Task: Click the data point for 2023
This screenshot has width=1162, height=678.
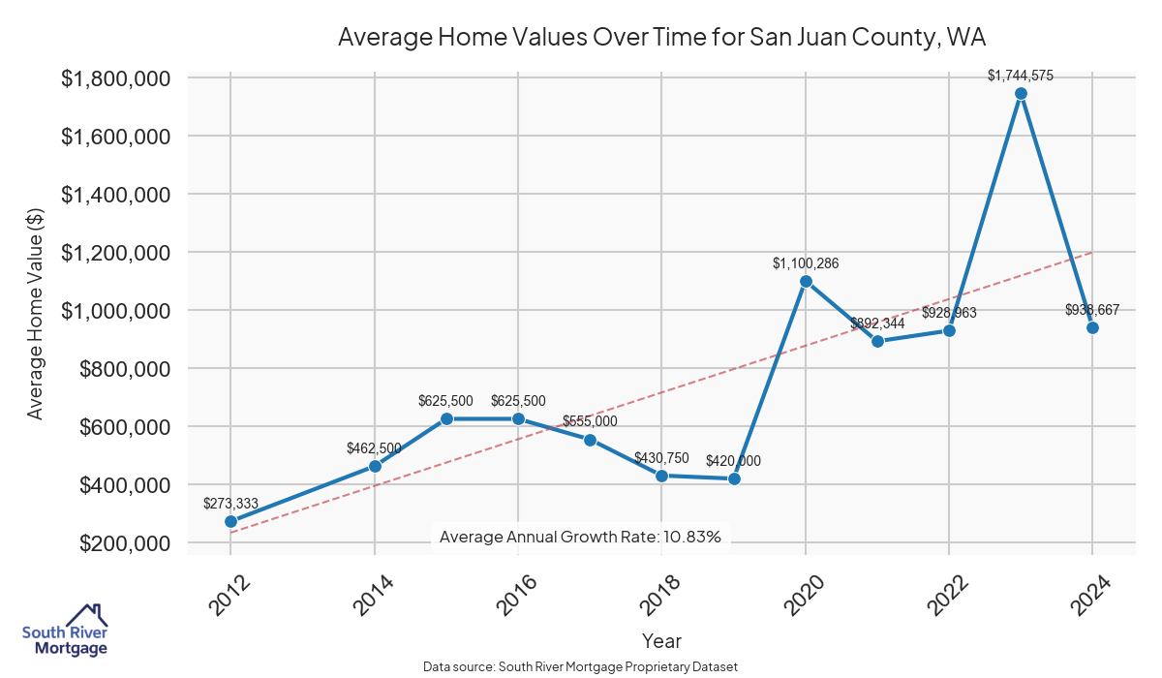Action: [1021, 94]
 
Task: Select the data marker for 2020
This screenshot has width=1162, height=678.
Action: [806, 281]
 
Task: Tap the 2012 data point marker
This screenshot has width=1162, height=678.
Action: [231, 521]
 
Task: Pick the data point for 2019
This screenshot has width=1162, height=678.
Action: [734, 478]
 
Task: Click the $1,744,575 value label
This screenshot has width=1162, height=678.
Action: [1021, 75]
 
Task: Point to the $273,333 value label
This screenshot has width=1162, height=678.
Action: [230, 503]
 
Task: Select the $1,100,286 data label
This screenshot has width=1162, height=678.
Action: [806, 262]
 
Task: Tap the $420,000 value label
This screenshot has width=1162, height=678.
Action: [733, 461]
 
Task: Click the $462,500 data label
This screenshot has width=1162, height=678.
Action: [374, 448]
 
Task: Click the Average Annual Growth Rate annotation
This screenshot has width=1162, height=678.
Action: [580, 537]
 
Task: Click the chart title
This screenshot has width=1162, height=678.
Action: [661, 38]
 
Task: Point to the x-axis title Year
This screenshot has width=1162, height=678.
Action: [661, 641]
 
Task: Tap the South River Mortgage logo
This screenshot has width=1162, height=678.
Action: [65, 631]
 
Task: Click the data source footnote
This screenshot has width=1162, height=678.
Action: [580, 667]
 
